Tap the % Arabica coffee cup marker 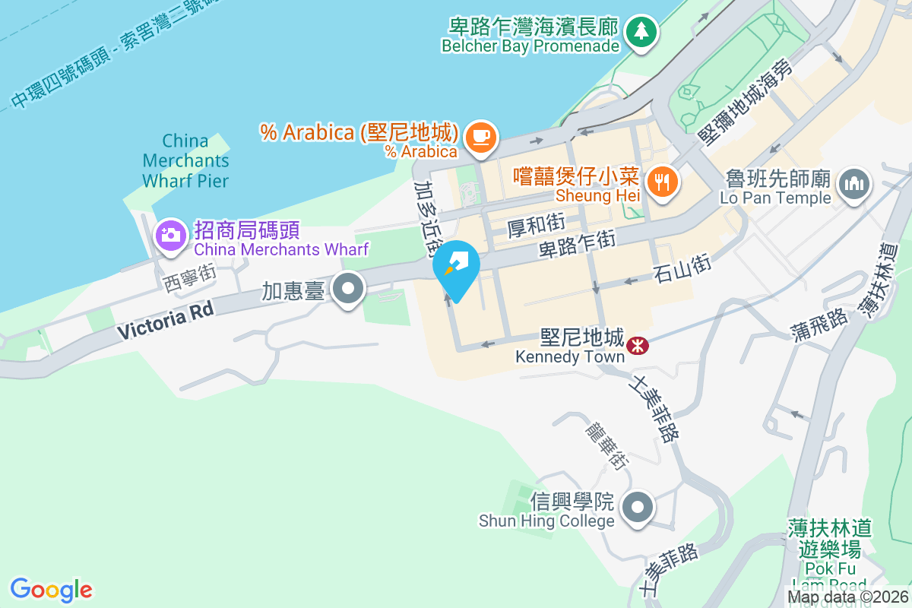(x=481, y=137)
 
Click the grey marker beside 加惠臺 (x=350, y=289)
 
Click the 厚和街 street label (x=536, y=225)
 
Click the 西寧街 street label (x=190, y=277)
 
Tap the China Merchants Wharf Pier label (x=185, y=160)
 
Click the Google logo (x=52, y=590)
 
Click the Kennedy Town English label (x=569, y=356)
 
